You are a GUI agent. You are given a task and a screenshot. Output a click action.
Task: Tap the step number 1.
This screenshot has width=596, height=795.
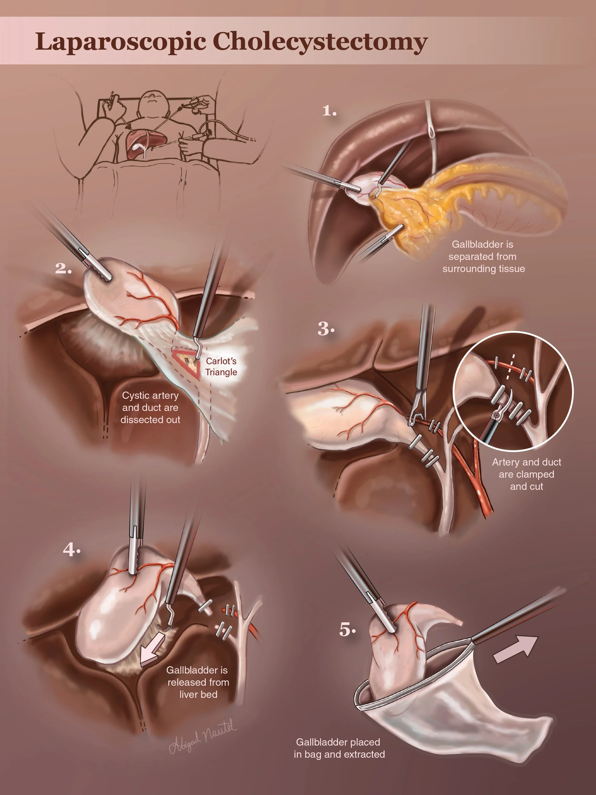tap(329, 111)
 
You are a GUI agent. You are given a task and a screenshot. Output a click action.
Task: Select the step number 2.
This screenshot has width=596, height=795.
tap(63, 269)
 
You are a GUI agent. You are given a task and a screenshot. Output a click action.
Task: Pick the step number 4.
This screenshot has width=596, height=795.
tap(72, 550)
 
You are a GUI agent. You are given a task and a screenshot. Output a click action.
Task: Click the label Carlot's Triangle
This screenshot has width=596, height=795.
tap(221, 367)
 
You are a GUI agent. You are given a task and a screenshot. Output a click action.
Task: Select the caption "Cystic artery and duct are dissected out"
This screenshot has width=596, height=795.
tap(150, 408)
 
